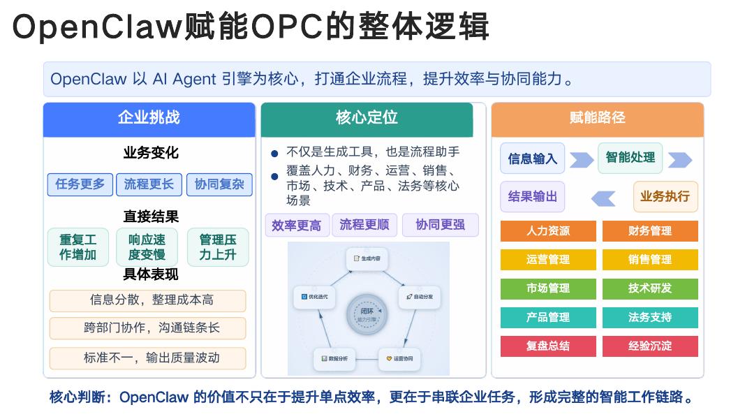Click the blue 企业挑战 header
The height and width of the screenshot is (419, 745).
pos(149,118)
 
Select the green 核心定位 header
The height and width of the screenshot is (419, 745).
pos(367,118)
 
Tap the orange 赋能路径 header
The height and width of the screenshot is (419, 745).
pos(597,118)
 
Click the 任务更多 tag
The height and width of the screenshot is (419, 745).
pos(80,184)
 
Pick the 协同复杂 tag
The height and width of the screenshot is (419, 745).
pos(219,184)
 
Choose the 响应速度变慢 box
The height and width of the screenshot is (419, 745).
pos(147,247)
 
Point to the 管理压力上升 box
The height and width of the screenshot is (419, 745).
pos(217,247)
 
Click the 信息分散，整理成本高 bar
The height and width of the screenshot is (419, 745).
pos(147,300)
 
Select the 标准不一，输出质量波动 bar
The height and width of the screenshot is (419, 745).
pos(147,358)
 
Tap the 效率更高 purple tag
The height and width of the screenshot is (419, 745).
pos(297,225)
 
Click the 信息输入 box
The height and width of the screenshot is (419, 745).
pos(533,159)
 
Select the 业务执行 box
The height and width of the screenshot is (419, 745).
pos(665,196)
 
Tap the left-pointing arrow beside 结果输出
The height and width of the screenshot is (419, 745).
pos(603,198)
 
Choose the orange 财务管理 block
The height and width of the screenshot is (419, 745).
pos(650,231)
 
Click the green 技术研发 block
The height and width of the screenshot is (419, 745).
pos(650,288)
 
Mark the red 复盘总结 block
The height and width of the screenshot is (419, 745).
pos(548,346)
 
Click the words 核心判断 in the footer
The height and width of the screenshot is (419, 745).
pos(77,397)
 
